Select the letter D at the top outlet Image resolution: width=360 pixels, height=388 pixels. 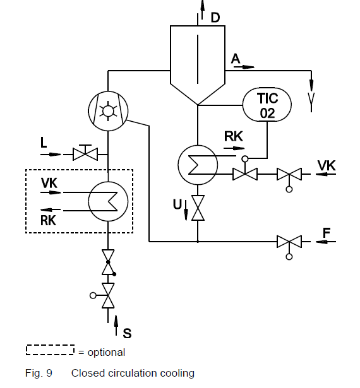pyautogui.click(x=215, y=18)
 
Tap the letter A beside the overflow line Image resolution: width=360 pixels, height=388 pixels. pyautogui.click(x=236, y=59)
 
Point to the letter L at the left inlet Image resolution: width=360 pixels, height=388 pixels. pyautogui.click(x=44, y=143)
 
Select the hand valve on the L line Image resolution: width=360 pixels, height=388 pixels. pyautogui.click(x=85, y=153)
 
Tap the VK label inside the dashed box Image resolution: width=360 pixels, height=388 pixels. pyautogui.click(x=49, y=183)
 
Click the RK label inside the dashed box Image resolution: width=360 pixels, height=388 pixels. pyautogui.click(x=48, y=220)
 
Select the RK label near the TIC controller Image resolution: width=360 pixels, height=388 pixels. pyautogui.click(x=234, y=136)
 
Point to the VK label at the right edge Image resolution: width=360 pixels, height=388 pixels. pyautogui.click(x=327, y=165)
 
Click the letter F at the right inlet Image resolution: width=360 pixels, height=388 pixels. pyautogui.click(x=327, y=233)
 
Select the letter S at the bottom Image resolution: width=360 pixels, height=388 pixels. pyautogui.click(x=127, y=333)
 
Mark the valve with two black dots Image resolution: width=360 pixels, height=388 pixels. pyautogui.click(x=108, y=262)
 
